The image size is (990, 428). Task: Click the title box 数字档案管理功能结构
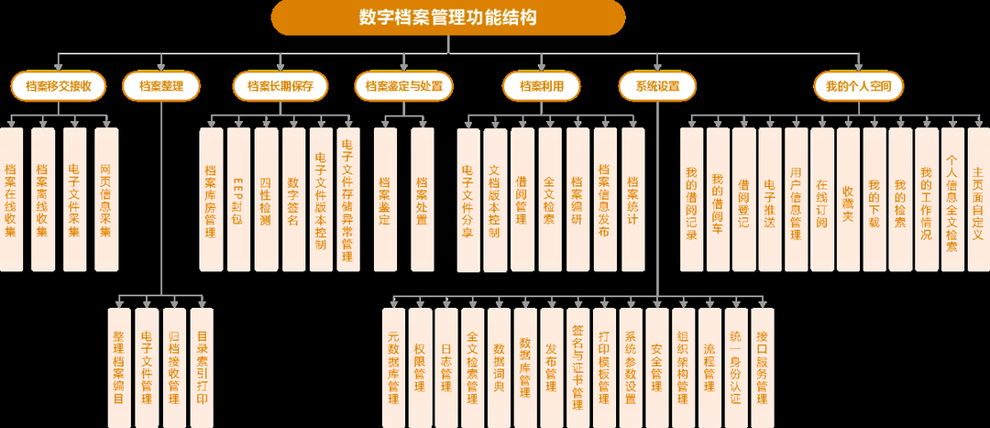pos(448,16)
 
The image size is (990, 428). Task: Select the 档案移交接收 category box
pos(59,87)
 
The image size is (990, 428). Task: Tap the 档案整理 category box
pos(161,87)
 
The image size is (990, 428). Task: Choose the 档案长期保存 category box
pos(280,87)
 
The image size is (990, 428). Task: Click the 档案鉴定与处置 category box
pos(403,87)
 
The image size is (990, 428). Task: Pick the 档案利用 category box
pos(542,87)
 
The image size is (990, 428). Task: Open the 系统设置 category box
pos(656,87)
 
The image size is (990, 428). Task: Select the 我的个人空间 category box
pos(858,87)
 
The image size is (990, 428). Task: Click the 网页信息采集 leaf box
pos(106,199)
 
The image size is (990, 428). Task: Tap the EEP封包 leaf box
pos(238,199)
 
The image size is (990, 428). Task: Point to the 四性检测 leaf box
pos(266,199)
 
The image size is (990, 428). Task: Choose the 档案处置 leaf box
pos(423,199)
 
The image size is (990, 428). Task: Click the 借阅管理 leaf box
pos(522,199)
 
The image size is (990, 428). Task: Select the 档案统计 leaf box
pos(633,199)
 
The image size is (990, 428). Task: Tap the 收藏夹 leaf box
pos(848,199)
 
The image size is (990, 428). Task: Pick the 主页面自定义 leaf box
pos(979,199)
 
